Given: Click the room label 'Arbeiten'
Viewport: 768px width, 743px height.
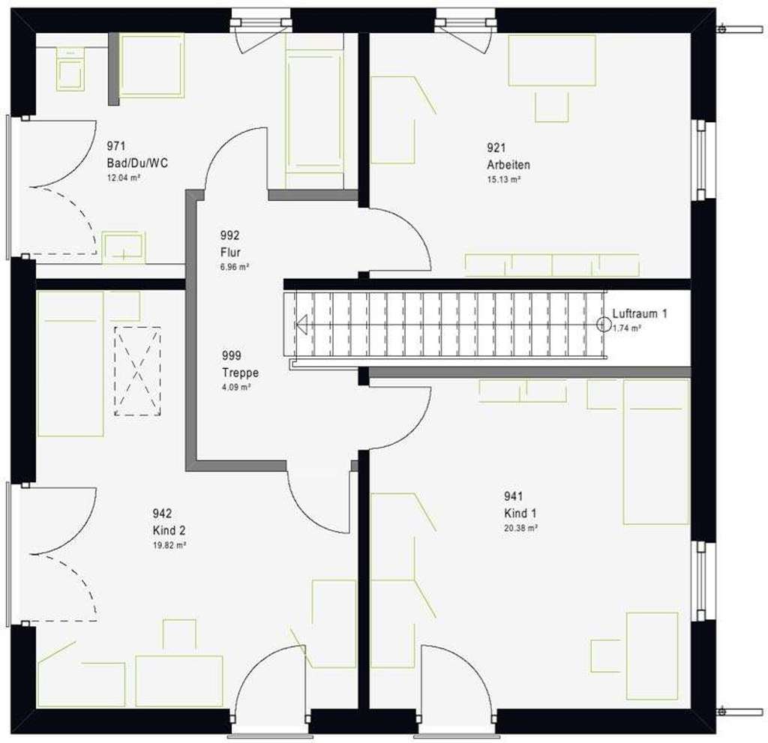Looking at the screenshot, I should click(x=503, y=165).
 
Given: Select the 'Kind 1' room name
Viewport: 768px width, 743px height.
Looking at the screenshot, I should click(x=520, y=514).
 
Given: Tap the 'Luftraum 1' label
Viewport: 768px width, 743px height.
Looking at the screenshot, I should click(x=639, y=314).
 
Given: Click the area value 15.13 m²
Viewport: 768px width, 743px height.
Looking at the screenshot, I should click(x=504, y=179).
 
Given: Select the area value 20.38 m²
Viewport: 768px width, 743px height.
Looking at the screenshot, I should click(x=520, y=528).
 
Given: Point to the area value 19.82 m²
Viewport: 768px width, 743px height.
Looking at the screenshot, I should click(x=169, y=545).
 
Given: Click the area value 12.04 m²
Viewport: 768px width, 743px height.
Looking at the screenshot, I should click(x=125, y=178).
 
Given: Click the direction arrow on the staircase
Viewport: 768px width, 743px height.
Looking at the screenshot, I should click(x=302, y=325).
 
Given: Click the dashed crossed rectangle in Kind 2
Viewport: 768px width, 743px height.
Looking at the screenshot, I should click(x=136, y=370).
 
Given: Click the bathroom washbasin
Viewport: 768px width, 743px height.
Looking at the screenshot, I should click(x=123, y=247).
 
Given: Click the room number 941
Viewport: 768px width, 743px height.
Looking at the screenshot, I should click(x=514, y=496).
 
